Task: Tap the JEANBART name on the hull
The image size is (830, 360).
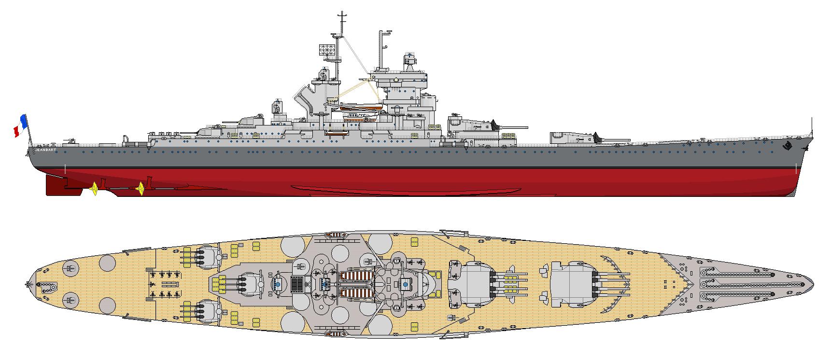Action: [45, 151]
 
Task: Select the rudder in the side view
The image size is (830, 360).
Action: [55, 185]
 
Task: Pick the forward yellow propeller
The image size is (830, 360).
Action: [141, 188]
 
